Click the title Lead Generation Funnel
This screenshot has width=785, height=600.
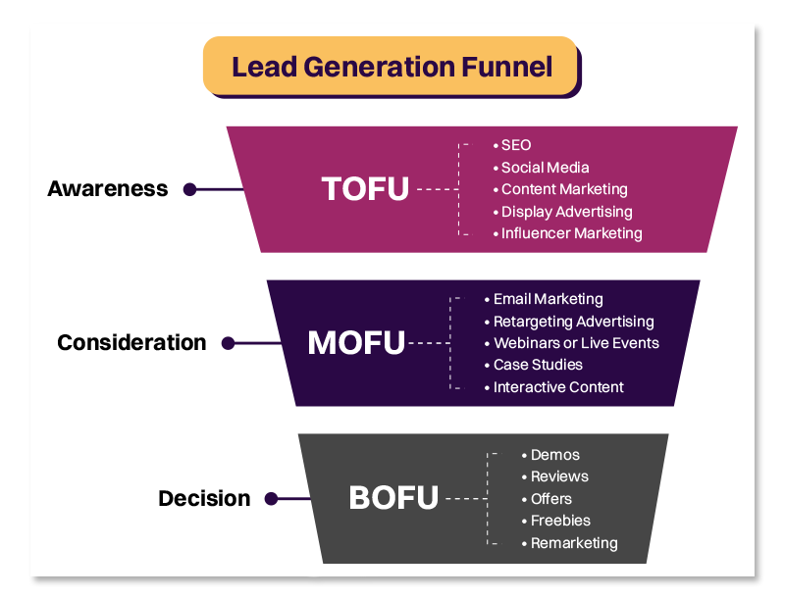(392, 67)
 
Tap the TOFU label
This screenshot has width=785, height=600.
(365, 188)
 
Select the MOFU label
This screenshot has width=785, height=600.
(355, 343)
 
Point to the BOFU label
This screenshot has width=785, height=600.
(393, 498)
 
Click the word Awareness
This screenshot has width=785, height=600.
(108, 189)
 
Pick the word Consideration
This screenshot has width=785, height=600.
(131, 343)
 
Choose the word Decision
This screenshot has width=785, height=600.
(204, 499)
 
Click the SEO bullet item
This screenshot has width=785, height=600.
(515, 145)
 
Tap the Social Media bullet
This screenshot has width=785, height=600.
(545, 168)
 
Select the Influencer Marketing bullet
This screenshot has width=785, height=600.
(571, 233)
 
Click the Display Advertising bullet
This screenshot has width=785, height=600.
(566, 212)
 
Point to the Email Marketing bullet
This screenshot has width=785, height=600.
(548, 299)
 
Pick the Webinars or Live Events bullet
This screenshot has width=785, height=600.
(576, 343)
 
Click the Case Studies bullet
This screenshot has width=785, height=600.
(538, 365)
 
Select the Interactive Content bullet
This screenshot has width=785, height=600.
(558, 387)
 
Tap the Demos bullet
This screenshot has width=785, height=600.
(554, 455)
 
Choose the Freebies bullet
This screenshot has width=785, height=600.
(560, 521)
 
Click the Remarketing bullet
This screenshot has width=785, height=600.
(574, 543)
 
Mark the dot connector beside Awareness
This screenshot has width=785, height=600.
(190, 189)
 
